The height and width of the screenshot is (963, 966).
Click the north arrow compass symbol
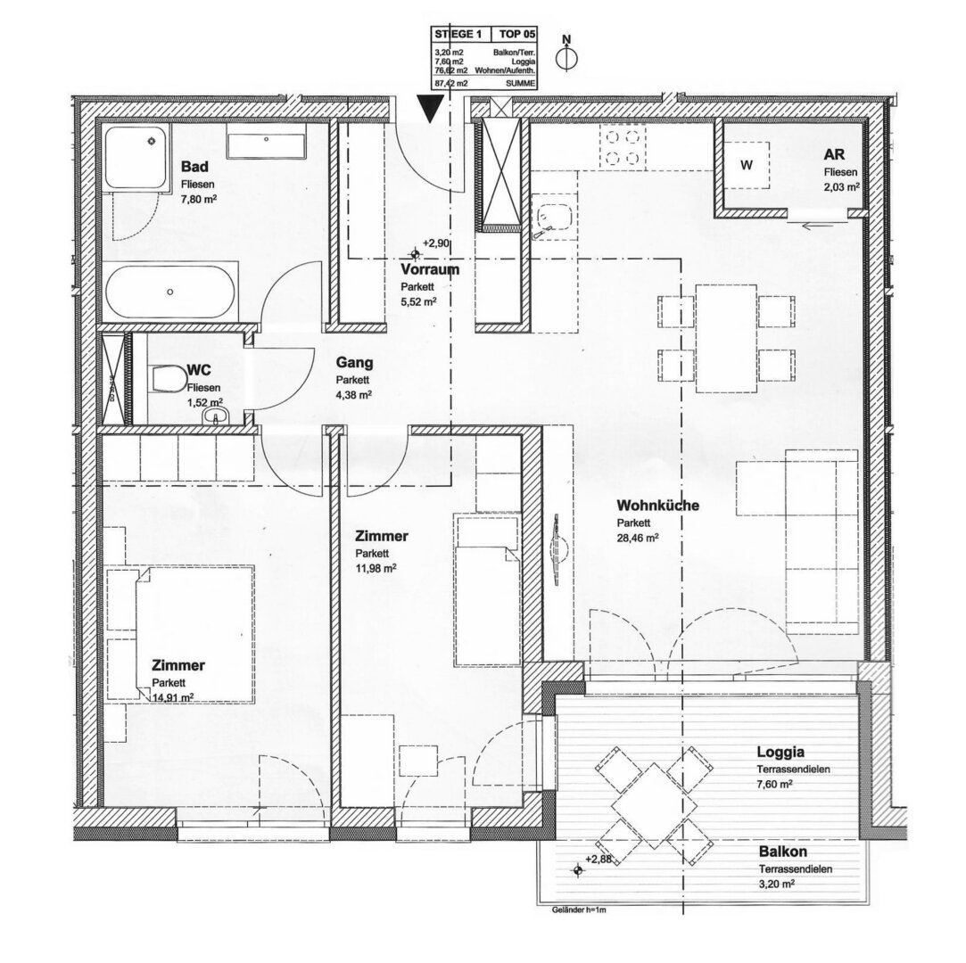[x=566, y=55]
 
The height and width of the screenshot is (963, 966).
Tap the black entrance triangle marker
[x=431, y=110]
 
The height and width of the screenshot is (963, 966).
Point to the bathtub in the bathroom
[x=171, y=291]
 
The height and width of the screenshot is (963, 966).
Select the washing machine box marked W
[x=746, y=166]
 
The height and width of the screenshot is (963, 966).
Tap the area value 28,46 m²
[x=638, y=538]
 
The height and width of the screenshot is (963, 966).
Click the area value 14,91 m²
[x=173, y=697]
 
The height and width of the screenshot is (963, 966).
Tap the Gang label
[x=354, y=364]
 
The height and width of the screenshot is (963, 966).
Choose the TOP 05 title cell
[x=516, y=33]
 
